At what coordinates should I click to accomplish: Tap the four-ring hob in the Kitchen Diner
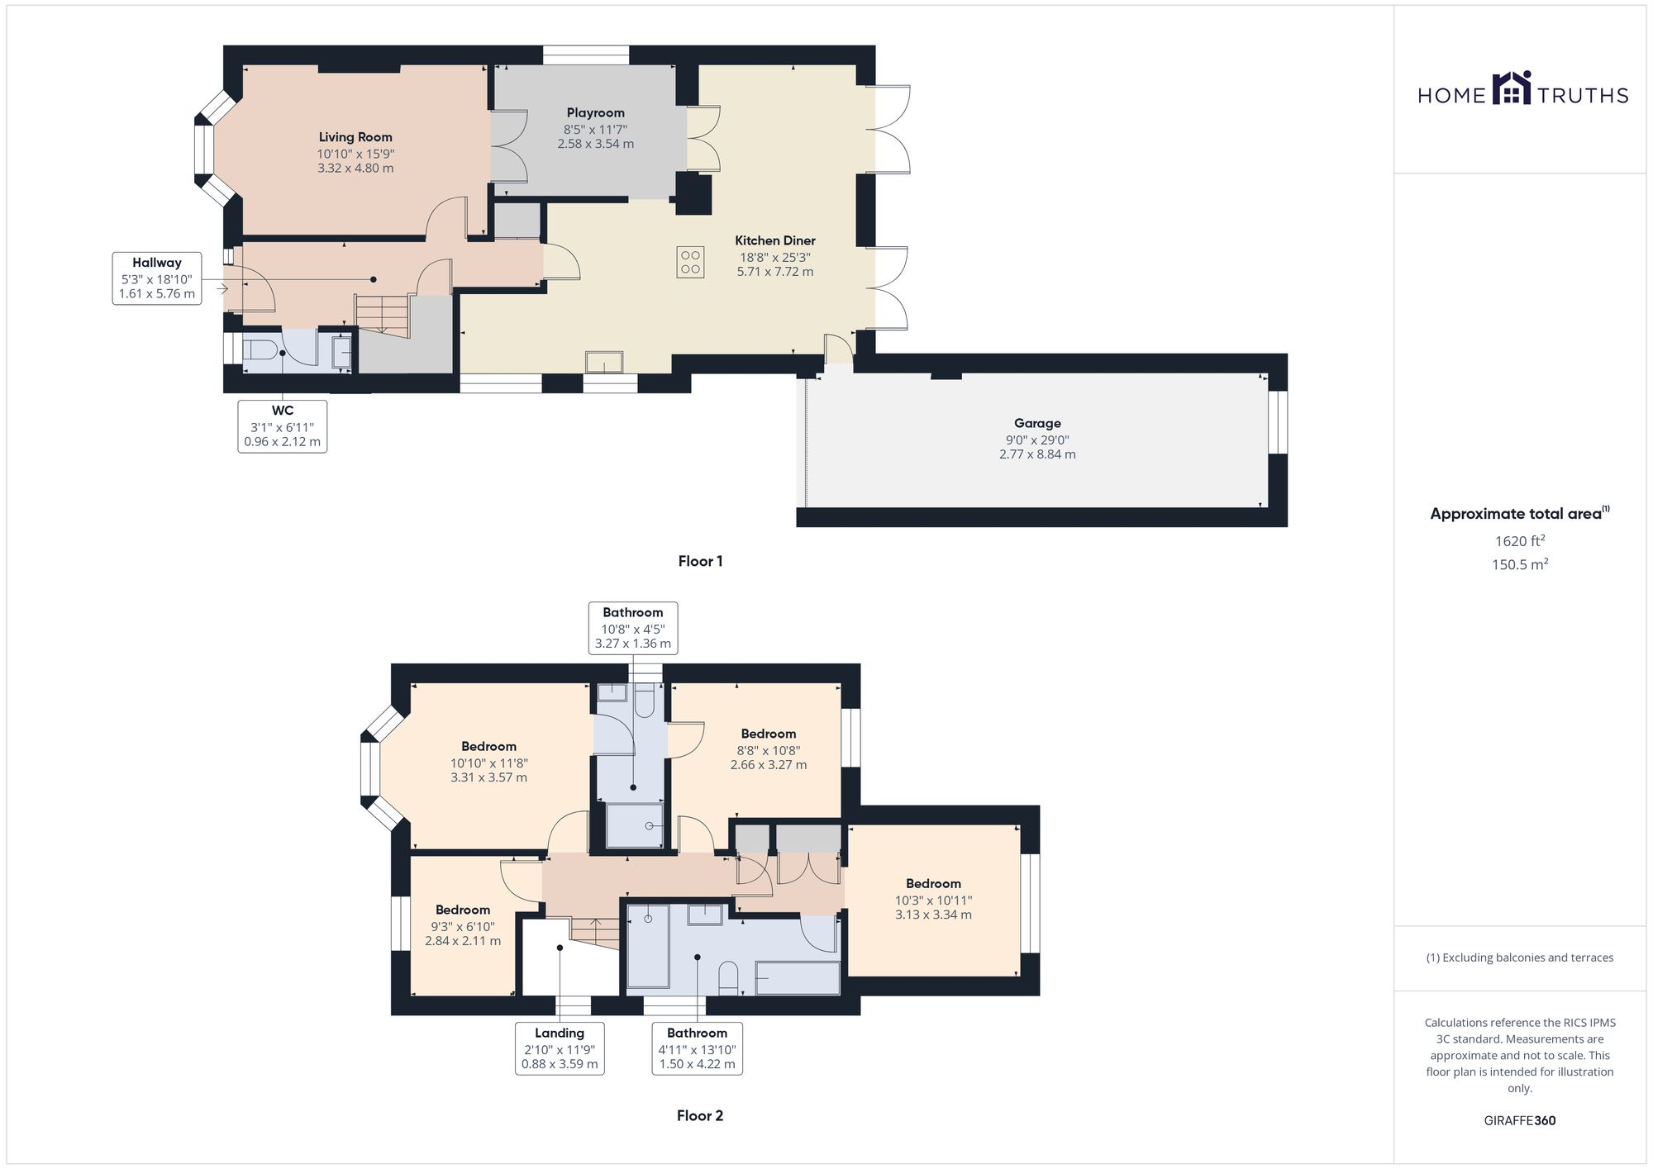[x=690, y=262]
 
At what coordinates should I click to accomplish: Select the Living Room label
[x=355, y=137]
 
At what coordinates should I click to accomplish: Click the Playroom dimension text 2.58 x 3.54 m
[x=595, y=144]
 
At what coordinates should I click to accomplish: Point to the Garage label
[x=1037, y=423]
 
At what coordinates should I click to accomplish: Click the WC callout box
[x=282, y=425]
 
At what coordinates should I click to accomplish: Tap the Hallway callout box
[x=157, y=278]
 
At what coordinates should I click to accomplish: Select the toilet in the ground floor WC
[x=260, y=350]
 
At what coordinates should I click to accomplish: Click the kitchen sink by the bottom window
[x=604, y=362]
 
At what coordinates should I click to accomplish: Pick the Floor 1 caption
[x=700, y=561]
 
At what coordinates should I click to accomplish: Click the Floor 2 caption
[x=699, y=1115]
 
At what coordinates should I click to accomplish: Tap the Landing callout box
[x=560, y=1048]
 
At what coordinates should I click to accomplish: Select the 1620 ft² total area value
[x=1519, y=541]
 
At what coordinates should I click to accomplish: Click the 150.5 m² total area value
[x=1519, y=565]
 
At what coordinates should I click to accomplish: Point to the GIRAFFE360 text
[x=1519, y=1120]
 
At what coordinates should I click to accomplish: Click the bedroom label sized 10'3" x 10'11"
[x=933, y=884]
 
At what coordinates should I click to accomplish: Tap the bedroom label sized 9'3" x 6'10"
[x=463, y=910]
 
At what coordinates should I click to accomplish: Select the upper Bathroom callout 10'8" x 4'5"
[x=633, y=628]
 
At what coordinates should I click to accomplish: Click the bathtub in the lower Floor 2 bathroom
[x=797, y=979]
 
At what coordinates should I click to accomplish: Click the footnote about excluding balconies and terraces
[x=1519, y=958]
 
